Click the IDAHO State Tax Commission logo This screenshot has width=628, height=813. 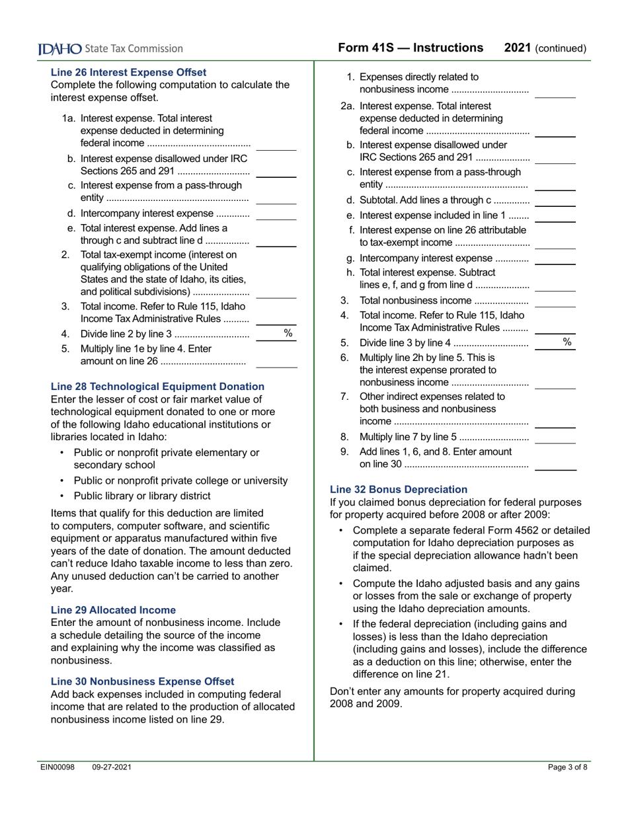(x=110, y=48)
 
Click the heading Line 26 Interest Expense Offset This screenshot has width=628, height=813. (x=128, y=72)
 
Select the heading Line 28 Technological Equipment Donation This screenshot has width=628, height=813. (x=157, y=387)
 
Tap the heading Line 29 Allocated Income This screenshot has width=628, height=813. (x=113, y=610)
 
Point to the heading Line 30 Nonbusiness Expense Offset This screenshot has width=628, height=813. (x=142, y=681)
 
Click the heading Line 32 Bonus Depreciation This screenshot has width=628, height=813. (x=399, y=490)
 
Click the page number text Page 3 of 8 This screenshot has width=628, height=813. (x=567, y=767)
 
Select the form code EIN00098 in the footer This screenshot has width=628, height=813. (x=58, y=767)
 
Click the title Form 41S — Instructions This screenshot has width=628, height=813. (x=411, y=48)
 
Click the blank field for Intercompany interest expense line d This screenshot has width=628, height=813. (x=276, y=214)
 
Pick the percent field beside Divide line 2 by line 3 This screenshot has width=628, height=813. (x=276, y=334)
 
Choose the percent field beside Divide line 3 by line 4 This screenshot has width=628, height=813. (x=555, y=342)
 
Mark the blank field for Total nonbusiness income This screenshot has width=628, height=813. (x=555, y=301)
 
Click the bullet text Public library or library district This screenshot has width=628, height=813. (x=142, y=496)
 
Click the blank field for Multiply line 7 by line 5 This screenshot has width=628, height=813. (x=555, y=438)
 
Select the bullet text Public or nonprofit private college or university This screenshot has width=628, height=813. (x=180, y=481)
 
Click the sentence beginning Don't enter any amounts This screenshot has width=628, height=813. (x=452, y=698)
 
